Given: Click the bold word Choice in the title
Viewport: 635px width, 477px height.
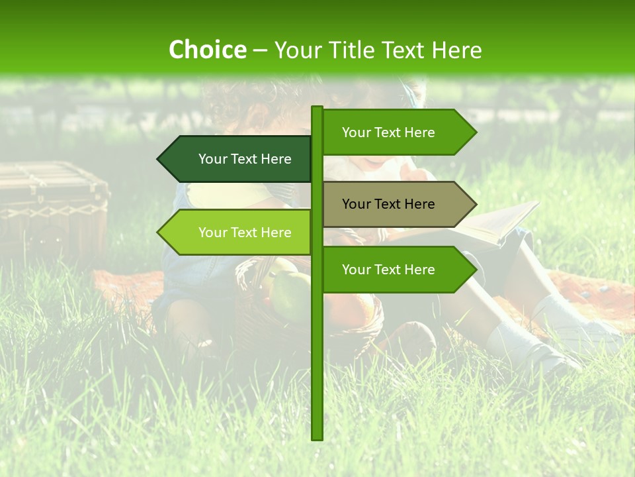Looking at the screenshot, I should [x=207, y=50].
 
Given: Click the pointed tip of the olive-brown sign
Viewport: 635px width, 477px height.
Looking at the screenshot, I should [x=474, y=204].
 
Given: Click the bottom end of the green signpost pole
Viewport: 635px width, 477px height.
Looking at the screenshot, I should [x=317, y=437].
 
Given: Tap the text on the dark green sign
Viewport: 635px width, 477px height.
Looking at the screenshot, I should [x=245, y=159].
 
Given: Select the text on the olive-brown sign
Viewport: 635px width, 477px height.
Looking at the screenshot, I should [x=388, y=204].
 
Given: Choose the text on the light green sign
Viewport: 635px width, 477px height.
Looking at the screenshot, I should [x=245, y=233].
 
